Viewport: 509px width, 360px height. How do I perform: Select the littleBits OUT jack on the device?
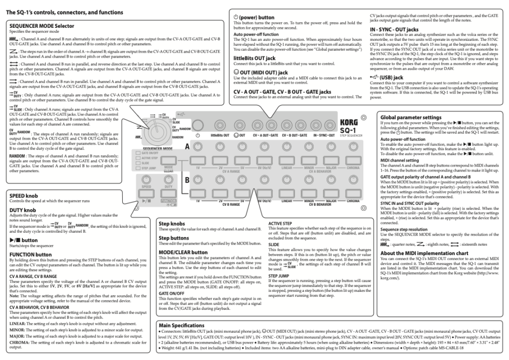pyautogui.click(x=220, y=124)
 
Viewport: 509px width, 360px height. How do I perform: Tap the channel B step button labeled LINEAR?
pyautogui.click(x=286, y=194)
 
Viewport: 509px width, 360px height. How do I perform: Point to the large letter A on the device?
pyautogui.click(x=188, y=147)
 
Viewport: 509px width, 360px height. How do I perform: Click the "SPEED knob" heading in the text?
pyautogui.click(x=25, y=196)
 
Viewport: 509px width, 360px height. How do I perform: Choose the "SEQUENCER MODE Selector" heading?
pyautogui.click(x=41, y=25)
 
